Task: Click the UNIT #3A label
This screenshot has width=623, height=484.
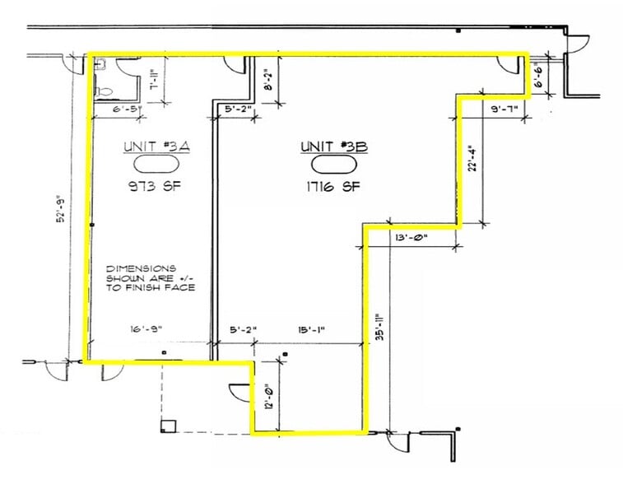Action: pos(156,147)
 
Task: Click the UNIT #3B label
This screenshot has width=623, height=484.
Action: pos(333,147)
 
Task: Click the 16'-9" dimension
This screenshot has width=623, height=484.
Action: pos(146,329)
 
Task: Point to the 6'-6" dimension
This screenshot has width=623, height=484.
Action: pos(539,78)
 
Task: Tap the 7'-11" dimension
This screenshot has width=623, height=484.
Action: pos(154,81)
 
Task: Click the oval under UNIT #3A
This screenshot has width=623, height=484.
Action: pos(156,165)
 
